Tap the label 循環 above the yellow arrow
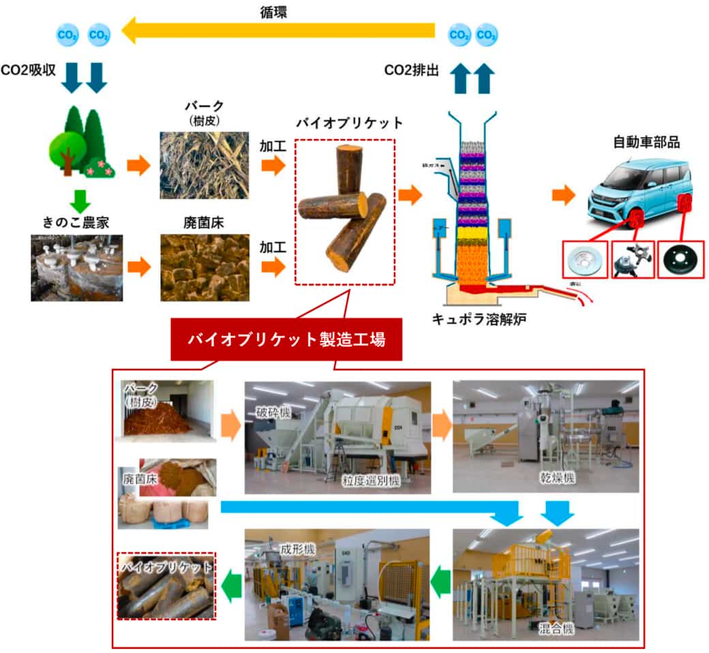275,10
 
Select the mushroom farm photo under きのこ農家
76,267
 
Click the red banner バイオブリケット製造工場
286,339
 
